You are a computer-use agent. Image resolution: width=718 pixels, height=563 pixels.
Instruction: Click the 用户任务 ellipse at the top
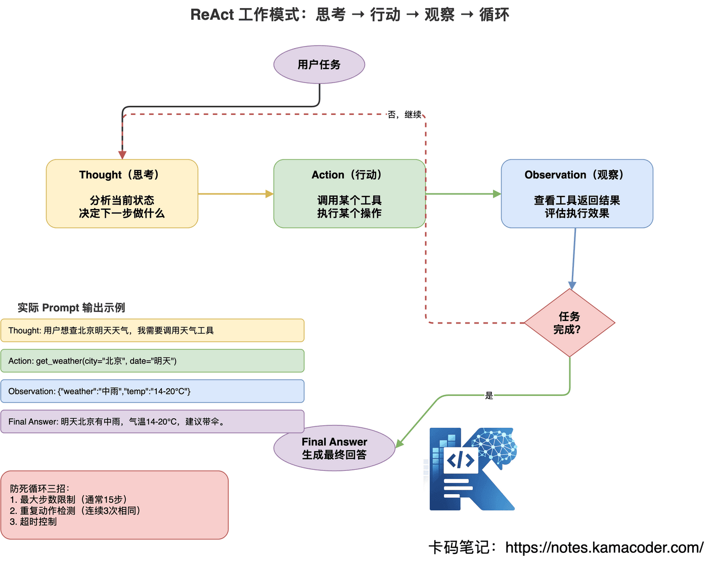[x=319, y=65]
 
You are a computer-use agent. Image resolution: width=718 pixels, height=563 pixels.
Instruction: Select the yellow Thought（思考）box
[x=122, y=194]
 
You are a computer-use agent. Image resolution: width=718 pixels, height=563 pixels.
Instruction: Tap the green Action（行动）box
[x=349, y=194]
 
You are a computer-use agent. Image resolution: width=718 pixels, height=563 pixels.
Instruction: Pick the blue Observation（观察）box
[x=576, y=194]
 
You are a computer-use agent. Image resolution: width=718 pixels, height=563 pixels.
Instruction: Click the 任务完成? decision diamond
[x=569, y=323]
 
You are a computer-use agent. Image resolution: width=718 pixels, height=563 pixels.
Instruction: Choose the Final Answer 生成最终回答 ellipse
[x=334, y=449]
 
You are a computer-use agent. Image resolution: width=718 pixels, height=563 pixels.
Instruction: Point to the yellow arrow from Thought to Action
[x=235, y=194]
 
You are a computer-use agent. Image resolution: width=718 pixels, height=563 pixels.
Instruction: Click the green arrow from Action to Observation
[x=463, y=194]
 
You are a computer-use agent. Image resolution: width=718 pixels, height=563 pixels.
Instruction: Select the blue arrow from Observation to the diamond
[x=574, y=258]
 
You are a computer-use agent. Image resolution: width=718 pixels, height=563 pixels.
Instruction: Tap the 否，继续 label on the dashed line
[x=405, y=115]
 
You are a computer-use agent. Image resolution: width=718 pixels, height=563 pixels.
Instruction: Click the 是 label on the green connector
[x=489, y=395]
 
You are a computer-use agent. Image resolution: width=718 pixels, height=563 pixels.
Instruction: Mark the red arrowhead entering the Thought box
[x=122, y=155]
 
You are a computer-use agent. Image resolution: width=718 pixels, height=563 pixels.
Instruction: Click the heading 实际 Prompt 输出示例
[x=71, y=308]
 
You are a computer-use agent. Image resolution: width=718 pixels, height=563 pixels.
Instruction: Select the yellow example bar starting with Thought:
[x=152, y=331]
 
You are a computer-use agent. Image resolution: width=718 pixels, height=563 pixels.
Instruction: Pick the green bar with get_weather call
[x=152, y=361]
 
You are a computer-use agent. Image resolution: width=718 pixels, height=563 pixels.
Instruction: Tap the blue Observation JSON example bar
[x=152, y=391]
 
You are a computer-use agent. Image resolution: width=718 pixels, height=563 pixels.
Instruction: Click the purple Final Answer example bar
[x=152, y=422]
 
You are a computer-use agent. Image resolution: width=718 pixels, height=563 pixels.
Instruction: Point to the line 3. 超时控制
[x=33, y=522]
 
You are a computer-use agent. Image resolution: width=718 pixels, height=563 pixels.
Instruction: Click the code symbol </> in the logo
[x=461, y=460]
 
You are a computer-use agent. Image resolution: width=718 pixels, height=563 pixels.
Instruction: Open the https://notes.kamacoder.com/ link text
[x=604, y=548]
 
